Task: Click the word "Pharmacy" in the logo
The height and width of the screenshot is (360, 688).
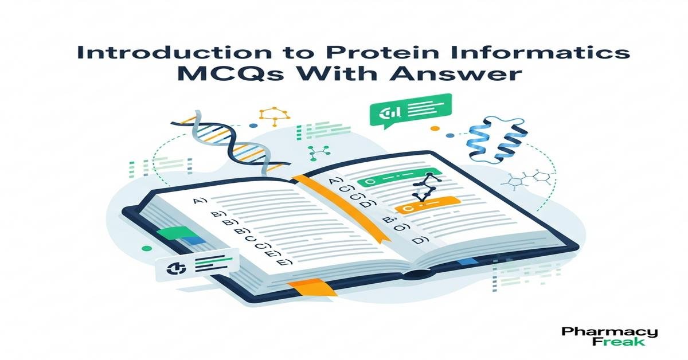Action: pyautogui.click(x=609, y=332)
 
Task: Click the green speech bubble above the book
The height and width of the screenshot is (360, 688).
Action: pyautogui.click(x=411, y=110)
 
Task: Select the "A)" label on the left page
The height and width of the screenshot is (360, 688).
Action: pyautogui.click(x=201, y=201)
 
